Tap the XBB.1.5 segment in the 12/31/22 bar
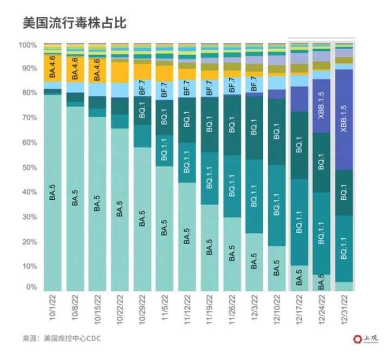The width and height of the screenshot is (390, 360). click(x=344, y=120)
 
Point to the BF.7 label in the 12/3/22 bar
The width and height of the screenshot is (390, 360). click(x=254, y=85)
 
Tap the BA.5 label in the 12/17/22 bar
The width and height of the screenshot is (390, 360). click(x=300, y=279)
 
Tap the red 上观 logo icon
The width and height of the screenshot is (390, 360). click(x=356, y=339)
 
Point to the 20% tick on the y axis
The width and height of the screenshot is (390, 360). click(x=28, y=241)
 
